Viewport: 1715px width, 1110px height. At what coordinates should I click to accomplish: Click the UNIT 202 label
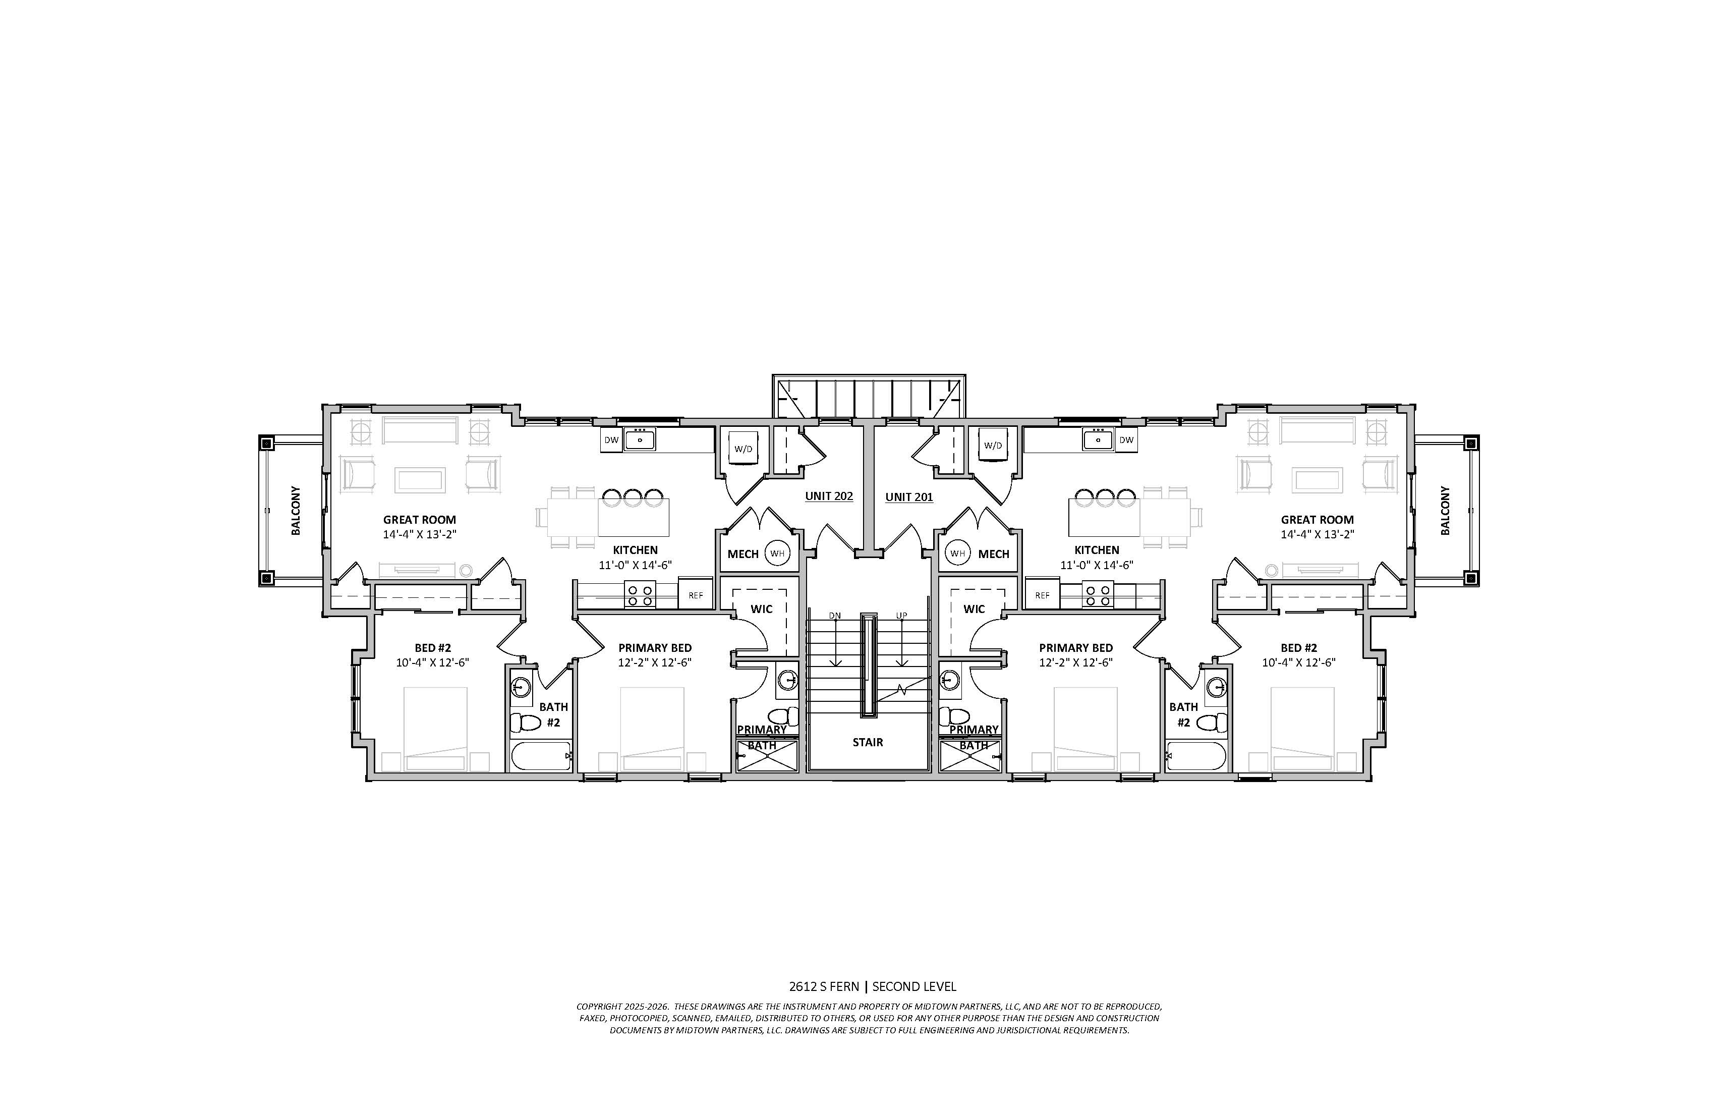(829, 496)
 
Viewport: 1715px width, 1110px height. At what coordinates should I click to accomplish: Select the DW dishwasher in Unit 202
(611, 439)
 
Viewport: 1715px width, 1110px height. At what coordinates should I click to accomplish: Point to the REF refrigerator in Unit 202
(696, 595)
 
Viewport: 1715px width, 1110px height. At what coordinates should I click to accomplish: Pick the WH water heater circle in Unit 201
(957, 553)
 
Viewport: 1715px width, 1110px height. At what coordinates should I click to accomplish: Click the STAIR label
(868, 742)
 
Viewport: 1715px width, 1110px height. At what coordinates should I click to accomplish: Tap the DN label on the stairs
(834, 616)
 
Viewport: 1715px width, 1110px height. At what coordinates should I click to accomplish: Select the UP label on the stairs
(901, 616)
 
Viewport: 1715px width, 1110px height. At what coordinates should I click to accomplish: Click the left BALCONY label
(296, 510)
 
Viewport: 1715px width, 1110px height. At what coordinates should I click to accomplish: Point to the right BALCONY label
(1445, 510)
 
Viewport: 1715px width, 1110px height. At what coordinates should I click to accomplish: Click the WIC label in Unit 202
(762, 609)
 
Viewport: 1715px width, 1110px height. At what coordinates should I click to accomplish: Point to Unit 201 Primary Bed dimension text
(1076, 663)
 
